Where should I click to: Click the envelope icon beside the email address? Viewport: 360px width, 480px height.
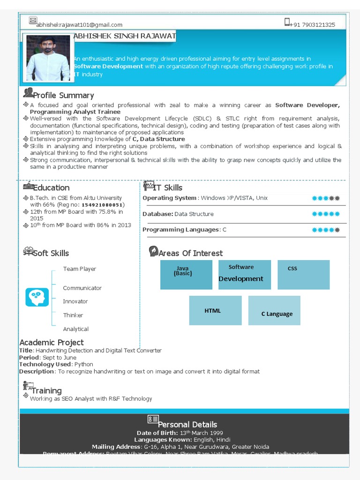click(x=33, y=20)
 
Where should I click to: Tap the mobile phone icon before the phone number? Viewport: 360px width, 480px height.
click(x=287, y=22)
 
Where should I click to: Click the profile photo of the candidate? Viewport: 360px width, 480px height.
click(x=48, y=58)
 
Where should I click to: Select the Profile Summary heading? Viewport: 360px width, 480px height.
click(x=63, y=95)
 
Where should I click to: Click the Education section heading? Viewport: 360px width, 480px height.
click(x=51, y=187)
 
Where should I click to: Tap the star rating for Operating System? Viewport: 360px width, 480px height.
click(x=326, y=198)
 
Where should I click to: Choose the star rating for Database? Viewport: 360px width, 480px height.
click(x=326, y=214)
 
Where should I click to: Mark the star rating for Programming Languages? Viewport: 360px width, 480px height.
click(x=326, y=230)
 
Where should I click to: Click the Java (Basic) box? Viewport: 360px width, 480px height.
click(x=186, y=275)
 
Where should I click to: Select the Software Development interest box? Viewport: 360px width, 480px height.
click(x=244, y=275)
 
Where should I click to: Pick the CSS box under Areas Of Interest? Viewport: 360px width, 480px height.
click(x=303, y=275)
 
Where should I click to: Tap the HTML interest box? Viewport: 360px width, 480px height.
click(x=215, y=310)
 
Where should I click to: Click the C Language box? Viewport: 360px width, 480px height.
click(x=274, y=310)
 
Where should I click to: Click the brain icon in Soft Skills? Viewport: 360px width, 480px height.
click(x=37, y=297)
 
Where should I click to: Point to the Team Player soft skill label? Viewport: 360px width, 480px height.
click(x=80, y=269)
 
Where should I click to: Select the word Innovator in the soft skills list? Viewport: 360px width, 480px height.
click(x=75, y=301)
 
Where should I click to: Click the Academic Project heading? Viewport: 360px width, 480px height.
click(x=52, y=342)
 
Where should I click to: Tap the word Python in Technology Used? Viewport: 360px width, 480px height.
click(x=83, y=364)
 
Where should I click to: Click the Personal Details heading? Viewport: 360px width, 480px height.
click(x=187, y=424)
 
